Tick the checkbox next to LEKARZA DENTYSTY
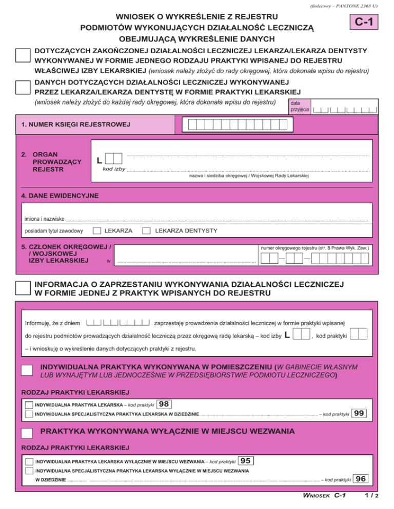click(x=146, y=231)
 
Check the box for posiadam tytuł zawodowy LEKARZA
click(x=96, y=231)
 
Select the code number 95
click(x=246, y=461)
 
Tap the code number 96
click(x=360, y=479)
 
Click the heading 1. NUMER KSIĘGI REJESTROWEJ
click(x=75, y=124)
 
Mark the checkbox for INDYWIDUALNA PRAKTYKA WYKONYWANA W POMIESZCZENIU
click(x=28, y=371)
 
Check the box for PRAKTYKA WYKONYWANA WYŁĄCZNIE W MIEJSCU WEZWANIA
click(x=28, y=433)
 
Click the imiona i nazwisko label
click(x=46, y=220)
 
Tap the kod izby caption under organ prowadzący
click(x=114, y=169)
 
